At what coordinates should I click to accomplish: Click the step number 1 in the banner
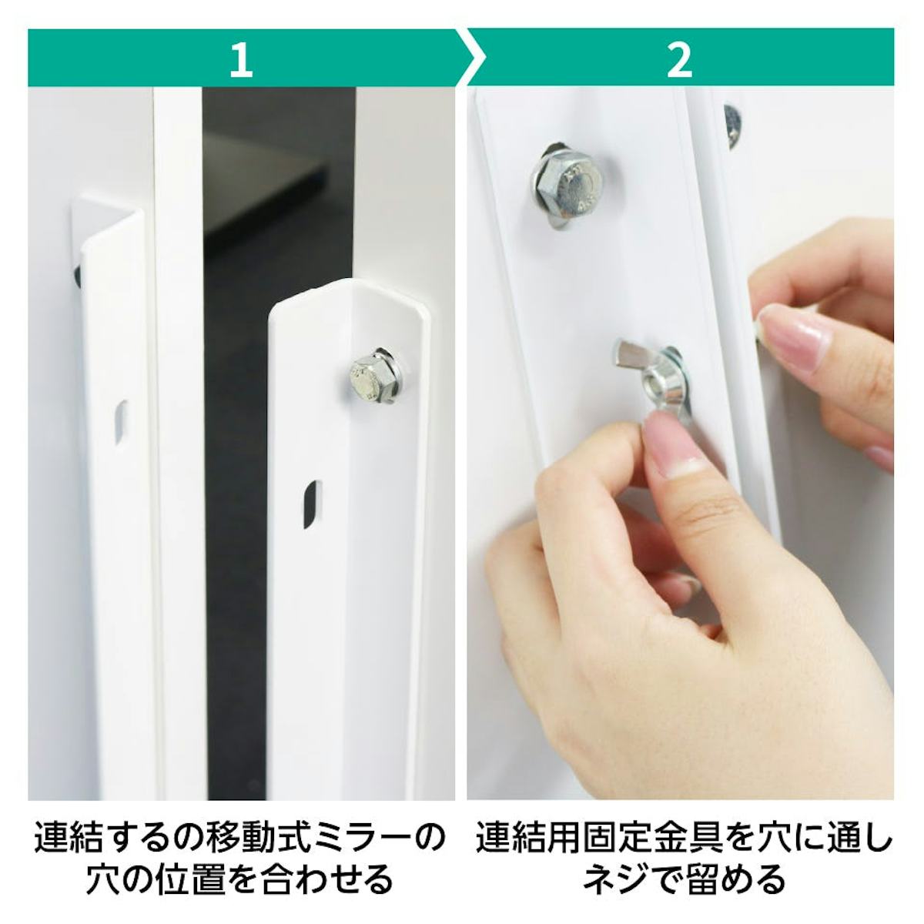(241, 60)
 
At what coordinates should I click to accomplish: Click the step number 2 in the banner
(680, 60)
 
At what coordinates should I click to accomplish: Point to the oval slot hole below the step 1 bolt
(312, 504)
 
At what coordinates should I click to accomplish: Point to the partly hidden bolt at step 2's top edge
(732, 126)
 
